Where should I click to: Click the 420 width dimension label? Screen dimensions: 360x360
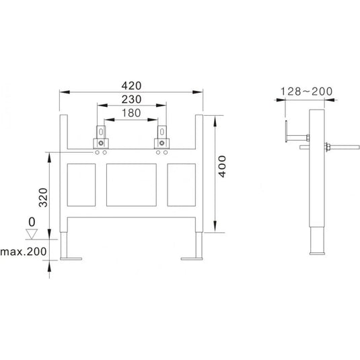[x=131, y=86]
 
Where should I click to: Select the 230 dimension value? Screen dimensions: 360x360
[x=131, y=100]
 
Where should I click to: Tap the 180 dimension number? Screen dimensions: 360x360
[x=131, y=113]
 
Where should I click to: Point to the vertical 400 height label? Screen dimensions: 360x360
[x=222, y=166]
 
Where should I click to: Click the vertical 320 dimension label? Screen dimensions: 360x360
[x=43, y=197]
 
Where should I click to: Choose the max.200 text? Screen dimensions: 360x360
[x=24, y=252]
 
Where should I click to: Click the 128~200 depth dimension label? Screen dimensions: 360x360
[x=307, y=92]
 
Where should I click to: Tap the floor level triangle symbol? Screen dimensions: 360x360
[x=32, y=234]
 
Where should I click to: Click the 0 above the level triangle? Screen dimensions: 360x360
[x=32, y=222]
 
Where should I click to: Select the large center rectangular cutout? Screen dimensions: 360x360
[x=131, y=185]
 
